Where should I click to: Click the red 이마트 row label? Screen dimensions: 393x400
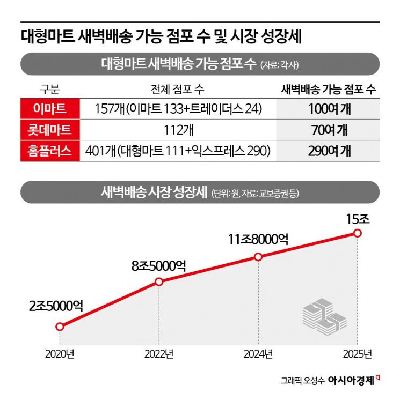tap(50, 109)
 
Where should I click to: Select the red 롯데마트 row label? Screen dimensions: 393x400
tap(50, 130)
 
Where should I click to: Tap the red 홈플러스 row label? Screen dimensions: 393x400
tap(50, 151)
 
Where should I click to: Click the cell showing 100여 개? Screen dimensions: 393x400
tap(329, 109)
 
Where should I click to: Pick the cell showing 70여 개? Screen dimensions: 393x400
tap(329, 130)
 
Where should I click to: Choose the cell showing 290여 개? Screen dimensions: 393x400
tap(329, 151)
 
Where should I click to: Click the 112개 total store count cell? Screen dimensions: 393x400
tap(177, 130)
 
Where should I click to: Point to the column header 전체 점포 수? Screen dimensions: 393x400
tap(177, 89)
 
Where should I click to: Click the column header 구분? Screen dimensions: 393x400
tap(50, 89)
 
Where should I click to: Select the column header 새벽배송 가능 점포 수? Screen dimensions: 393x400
tap(329, 89)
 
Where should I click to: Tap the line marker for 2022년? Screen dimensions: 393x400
tap(159, 281)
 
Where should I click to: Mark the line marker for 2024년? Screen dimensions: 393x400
tap(258, 257)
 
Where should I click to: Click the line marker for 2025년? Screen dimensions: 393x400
tap(358, 233)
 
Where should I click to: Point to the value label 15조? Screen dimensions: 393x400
tap(358, 219)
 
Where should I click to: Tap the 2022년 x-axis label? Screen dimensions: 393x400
tap(159, 354)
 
